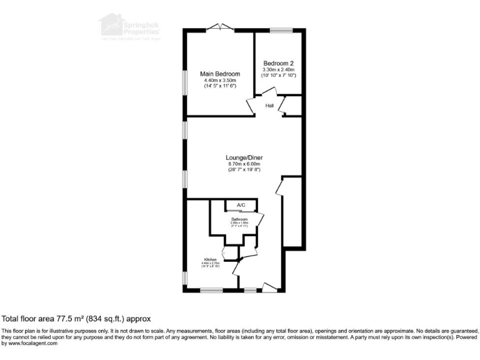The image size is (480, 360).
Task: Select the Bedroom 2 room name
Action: coord(279,63)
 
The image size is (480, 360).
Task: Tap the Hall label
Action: coord(269,106)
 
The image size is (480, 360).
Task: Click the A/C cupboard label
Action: coord(241,206)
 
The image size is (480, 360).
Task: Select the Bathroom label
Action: coord(240,220)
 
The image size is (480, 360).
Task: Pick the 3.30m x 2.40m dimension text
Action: coord(279,69)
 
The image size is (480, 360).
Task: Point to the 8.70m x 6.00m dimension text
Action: coord(243,164)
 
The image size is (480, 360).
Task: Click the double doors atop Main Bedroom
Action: coord(220,27)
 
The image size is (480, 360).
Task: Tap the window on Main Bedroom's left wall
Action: coord(184,82)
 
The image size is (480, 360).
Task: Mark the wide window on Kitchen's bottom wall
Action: coord(211,290)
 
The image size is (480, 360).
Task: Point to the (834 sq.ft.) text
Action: coord(104,318)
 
